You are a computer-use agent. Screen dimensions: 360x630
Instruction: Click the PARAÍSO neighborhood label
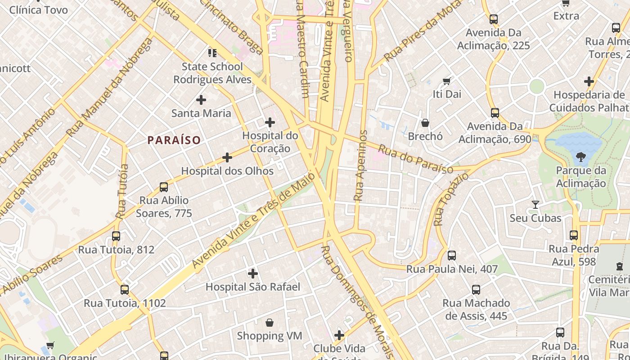(x=174, y=140)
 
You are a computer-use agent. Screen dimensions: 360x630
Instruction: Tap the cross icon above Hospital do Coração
(x=270, y=122)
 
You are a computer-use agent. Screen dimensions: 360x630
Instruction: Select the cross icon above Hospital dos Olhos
(x=227, y=157)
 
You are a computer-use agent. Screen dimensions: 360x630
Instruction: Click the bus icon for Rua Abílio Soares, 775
(x=164, y=187)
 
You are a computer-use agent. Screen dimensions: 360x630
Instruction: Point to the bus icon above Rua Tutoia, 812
(x=116, y=236)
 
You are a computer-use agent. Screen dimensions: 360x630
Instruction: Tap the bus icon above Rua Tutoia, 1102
(x=125, y=289)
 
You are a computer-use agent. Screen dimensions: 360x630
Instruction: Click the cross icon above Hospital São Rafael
(x=253, y=273)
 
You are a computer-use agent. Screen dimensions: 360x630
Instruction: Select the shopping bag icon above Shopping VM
(x=270, y=322)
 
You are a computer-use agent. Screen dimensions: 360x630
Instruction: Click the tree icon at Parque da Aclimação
(x=580, y=157)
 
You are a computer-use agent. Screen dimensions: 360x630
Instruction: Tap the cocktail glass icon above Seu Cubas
(x=535, y=205)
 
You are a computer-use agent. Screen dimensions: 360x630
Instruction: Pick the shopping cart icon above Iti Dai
(x=446, y=81)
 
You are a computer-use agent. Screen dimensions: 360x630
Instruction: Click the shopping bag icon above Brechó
(x=425, y=122)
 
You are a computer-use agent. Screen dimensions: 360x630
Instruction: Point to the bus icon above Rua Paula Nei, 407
(x=452, y=256)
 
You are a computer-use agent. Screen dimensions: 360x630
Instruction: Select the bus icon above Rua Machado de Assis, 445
(x=476, y=289)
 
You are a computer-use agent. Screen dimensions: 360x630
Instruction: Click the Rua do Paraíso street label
(x=415, y=159)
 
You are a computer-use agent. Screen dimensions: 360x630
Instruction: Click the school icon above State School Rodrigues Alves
(x=212, y=53)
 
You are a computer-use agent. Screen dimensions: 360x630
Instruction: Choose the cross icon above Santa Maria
(x=201, y=99)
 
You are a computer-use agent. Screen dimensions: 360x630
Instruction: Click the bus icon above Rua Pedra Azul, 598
(x=573, y=235)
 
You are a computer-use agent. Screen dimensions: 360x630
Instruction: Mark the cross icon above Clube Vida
(x=339, y=335)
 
